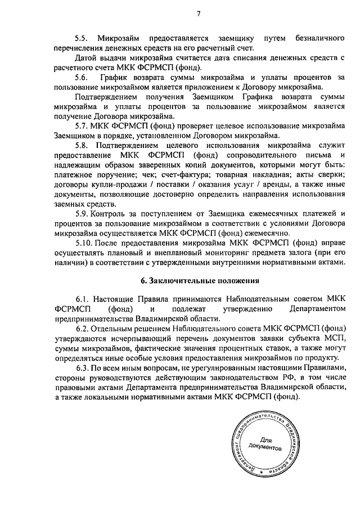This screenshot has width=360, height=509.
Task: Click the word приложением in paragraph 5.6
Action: [x=208, y=87]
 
